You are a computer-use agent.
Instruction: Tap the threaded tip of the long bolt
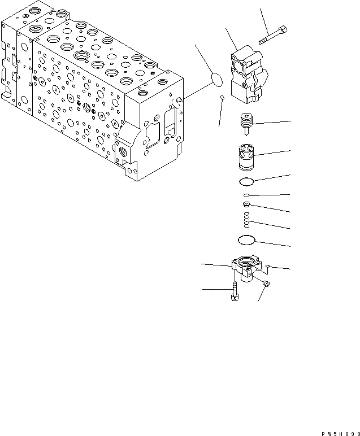[262, 41]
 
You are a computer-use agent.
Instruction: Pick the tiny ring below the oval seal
[222, 99]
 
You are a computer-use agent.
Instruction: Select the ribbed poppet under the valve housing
[247, 121]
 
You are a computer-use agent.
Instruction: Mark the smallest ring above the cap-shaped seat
[247, 195]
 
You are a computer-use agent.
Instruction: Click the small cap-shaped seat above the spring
[247, 204]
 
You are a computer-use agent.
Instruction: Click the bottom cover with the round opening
[247, 268]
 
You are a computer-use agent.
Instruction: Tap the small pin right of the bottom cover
[268, 267]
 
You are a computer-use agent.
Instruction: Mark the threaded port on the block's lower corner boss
[123, 151]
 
